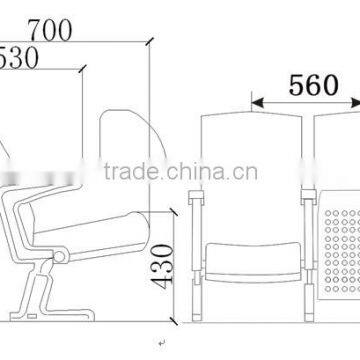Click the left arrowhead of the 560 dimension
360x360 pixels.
[255, 101]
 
